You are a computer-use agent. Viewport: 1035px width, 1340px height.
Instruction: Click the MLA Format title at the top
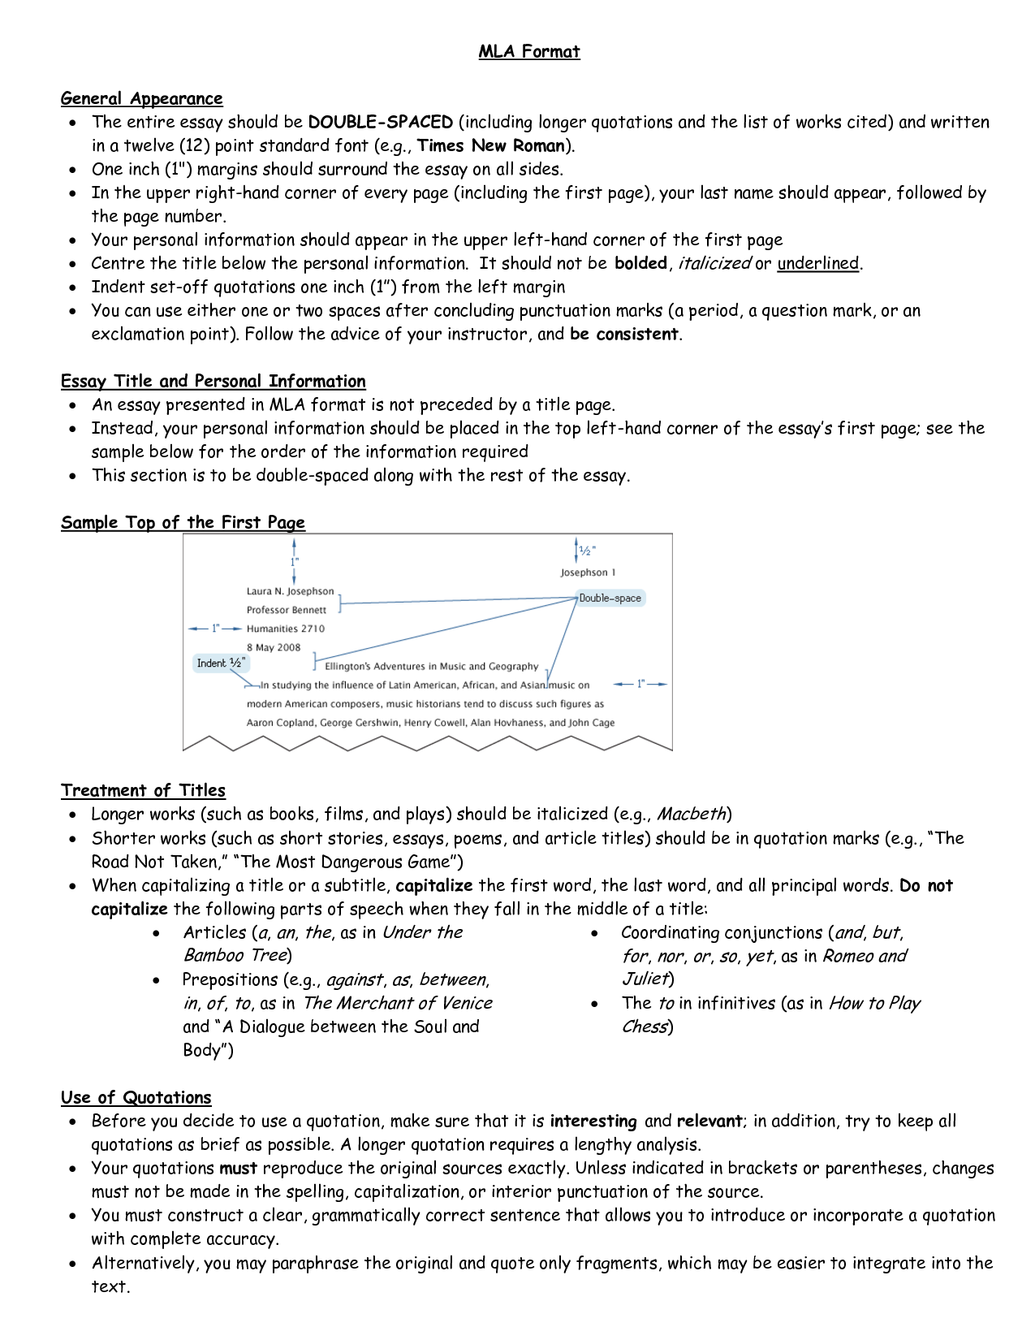point(529,52)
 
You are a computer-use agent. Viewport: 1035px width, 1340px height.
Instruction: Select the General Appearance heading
point(141,99)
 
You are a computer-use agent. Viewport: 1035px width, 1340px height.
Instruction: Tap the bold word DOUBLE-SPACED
point(380,123)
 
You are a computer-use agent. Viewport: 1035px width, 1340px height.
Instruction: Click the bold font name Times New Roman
point(490,146)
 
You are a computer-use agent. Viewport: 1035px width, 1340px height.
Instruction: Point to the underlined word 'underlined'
point(817,263)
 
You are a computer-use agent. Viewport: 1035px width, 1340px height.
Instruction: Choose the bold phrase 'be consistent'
point(623,334)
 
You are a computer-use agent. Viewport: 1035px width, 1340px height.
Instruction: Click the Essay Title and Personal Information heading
point(213,382)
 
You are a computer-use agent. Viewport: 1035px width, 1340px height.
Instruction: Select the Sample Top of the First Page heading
point(183,523)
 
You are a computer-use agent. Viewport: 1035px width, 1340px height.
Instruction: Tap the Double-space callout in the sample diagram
point(610,599)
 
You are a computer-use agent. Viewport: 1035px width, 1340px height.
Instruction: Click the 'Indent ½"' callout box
point(220,664)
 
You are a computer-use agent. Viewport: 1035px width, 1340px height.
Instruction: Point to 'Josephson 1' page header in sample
point(588,573)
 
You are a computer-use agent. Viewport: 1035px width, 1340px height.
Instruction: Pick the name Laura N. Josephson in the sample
point(290,591)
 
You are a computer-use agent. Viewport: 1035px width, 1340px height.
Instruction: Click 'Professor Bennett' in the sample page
point(286,610)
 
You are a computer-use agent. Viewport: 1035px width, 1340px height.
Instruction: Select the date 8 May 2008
point(274,648)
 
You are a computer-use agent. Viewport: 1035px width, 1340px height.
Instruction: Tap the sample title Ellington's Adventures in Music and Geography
point(431,667)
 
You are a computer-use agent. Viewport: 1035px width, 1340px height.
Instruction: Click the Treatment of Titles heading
point(143,791)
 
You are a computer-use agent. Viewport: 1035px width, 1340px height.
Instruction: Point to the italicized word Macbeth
point(691,814)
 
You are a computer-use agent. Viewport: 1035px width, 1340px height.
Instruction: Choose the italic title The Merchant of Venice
point(397,1003)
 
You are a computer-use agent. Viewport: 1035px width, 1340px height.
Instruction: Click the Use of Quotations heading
point(136,1098)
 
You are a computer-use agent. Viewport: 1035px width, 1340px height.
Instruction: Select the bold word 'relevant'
point(709,1122)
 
